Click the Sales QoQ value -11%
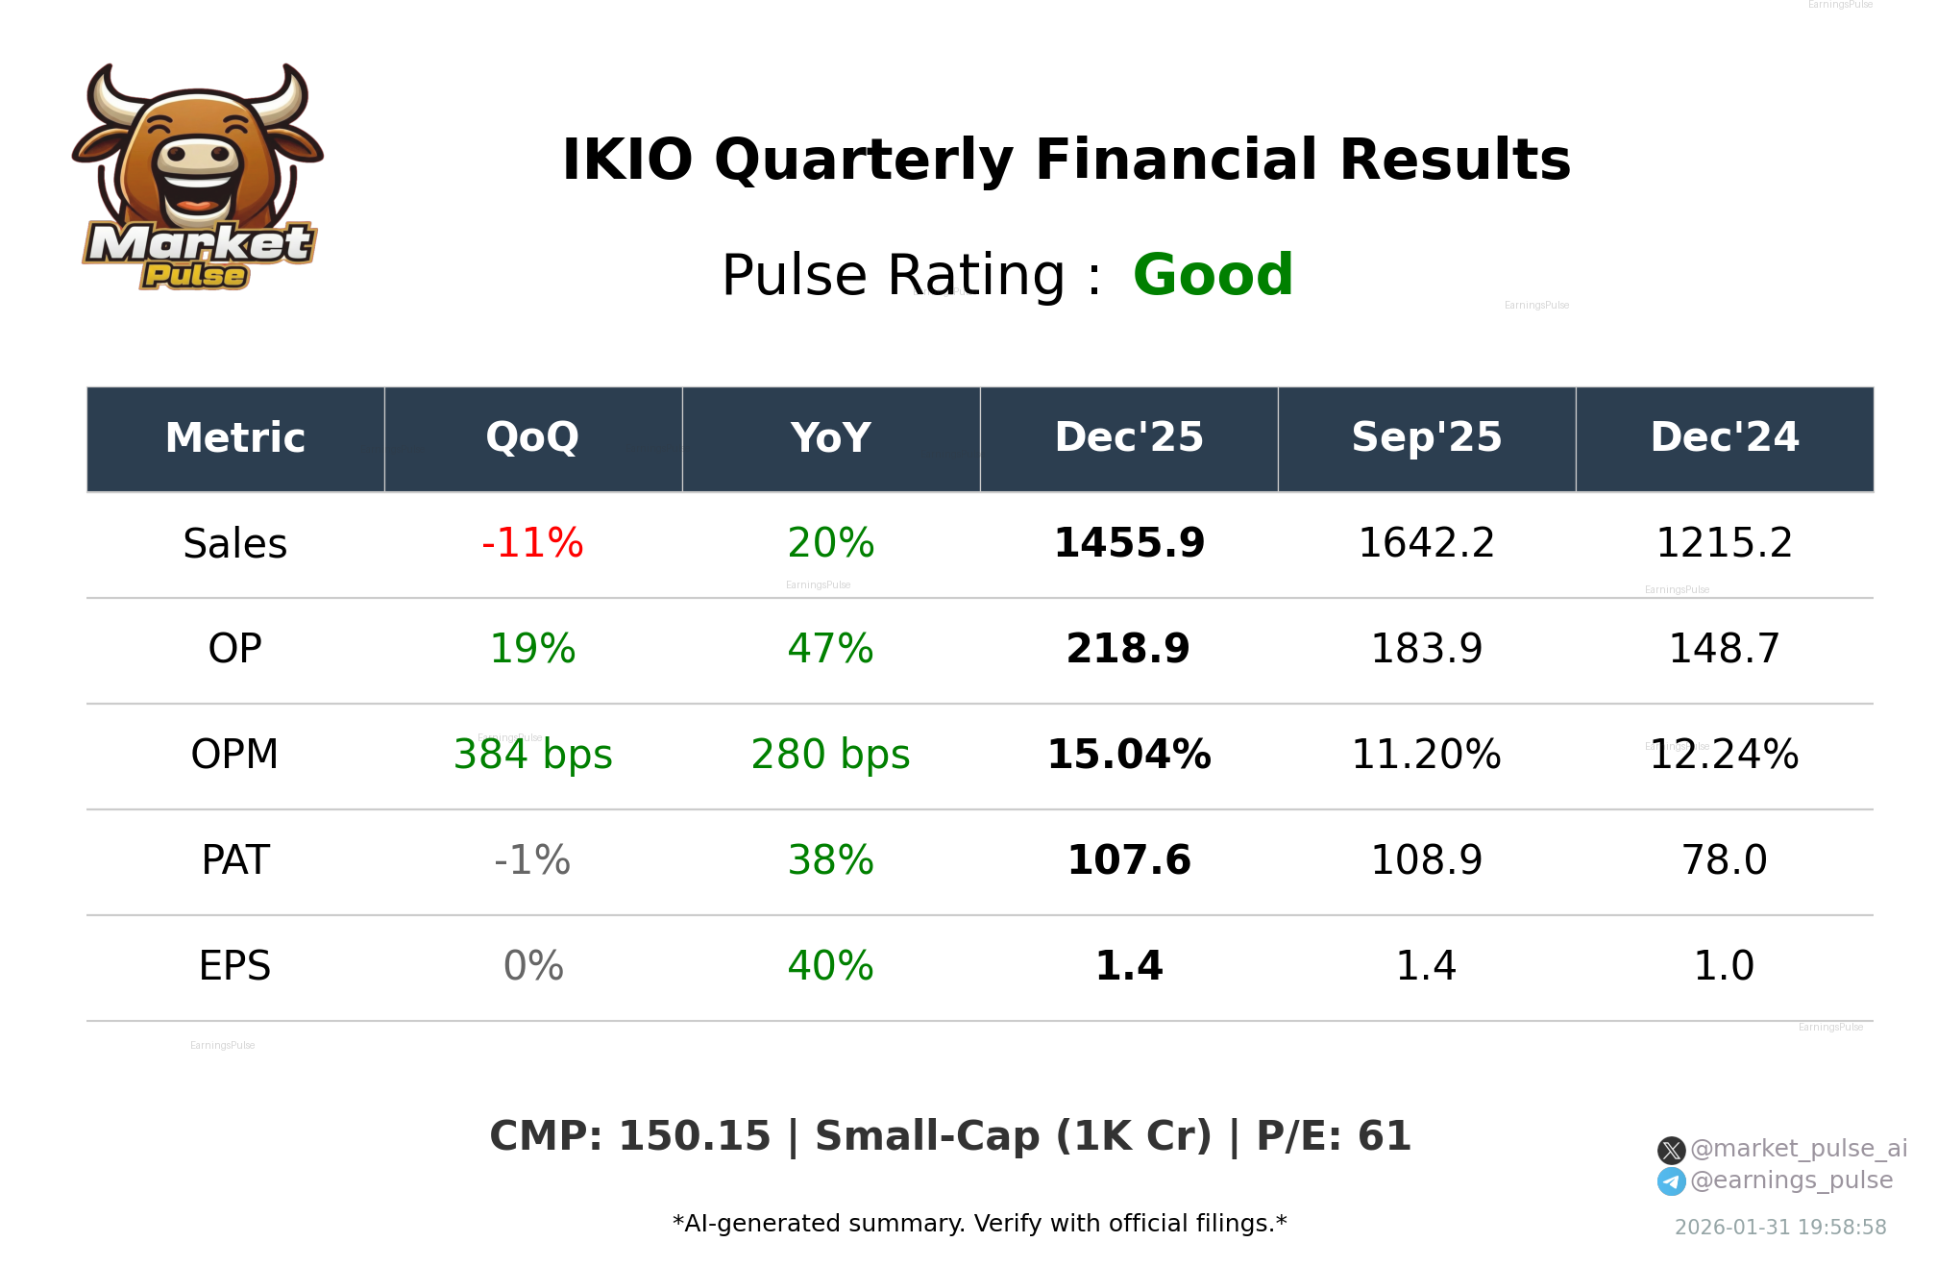click(532, 543)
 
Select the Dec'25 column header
click(1128, 438)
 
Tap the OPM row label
click(234, 755)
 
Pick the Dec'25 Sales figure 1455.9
click(1128, 543)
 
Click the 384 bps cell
click(532, 755)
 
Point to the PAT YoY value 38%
click(830, 860)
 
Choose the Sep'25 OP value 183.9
click(1426, 649)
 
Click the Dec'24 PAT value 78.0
click(1724, 860)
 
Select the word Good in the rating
click(1213, 276)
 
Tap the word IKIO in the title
click(626, 160)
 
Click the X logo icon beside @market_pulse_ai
click(1671, 1150)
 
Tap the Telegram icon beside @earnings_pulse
click(1671, 1181)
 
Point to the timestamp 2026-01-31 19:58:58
click(1779, 1228)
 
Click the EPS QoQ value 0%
click(532, 966)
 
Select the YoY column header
click(830, 438)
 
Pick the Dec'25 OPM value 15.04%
click(1128, 755)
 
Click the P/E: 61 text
click(1334, 1136)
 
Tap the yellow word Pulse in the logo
click(195, 276)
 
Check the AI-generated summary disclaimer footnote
click(979, 1224)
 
